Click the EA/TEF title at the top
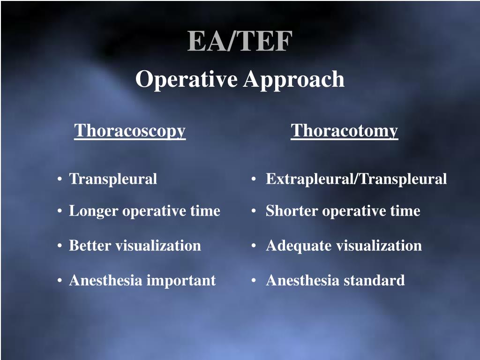tap(240, 41)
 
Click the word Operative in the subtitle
tap(187, 79)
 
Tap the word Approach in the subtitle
tap(293, 79)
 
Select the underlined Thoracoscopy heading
tap(130, 131)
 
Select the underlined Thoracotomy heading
tap(344, 131)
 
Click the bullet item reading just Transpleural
tap(113, 179)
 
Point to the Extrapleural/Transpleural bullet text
tap(356, 179)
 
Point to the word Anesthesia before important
tap(106, 281)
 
